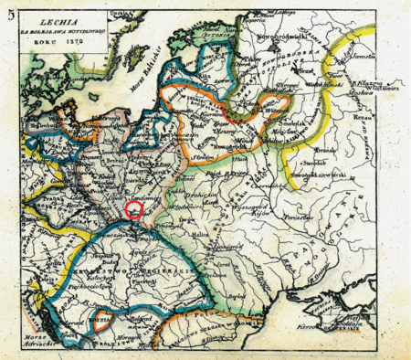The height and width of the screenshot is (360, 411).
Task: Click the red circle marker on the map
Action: click(133, 210)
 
